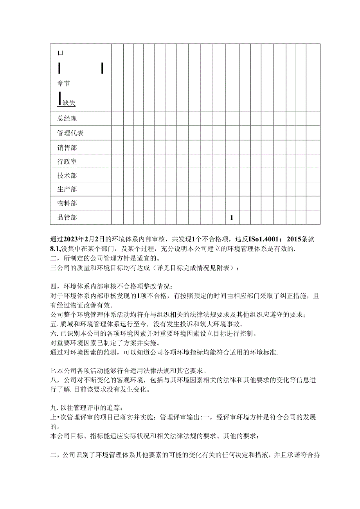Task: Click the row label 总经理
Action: pyautogui.click(x=67, y=119)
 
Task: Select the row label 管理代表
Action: pyautogui.click(x=70, y=133)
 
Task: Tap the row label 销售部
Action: pyautogui.click(x=67, y=147)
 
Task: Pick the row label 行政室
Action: pyautogui.click(x=67, y=161)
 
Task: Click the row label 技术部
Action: pyautogui.click(x=67, y=175)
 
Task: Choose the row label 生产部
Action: pyautogui.click(x=67, y=189)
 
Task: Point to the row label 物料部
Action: pyautogui.click(x=67, y=203)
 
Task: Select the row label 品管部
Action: pyautogui.click(x=67, y=218)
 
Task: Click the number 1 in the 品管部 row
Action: pyautogui.click(x=232, y=218)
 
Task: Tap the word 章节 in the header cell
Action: pyautogui.click(x=64, y=83)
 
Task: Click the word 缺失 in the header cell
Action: pyautogui.click(x=69, y=103)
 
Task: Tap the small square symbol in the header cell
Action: pyautogui.click(x=60, y=53)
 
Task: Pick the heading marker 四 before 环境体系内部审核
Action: pyautogui.click(x=54, y=287)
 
